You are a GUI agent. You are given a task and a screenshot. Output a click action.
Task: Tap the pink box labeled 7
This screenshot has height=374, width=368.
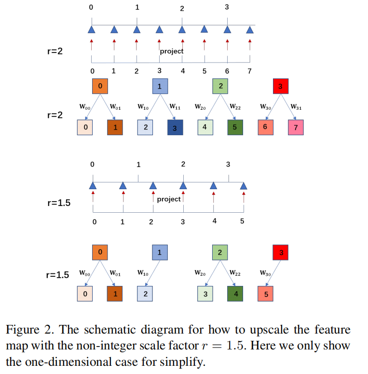(x=296, y=128)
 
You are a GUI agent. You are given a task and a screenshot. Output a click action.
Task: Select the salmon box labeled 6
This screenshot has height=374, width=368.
(x=265, y=127)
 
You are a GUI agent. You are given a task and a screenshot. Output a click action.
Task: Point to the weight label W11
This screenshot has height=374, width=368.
(x=175, y=107)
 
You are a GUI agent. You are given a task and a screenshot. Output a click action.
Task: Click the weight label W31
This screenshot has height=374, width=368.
(x=296, y=107)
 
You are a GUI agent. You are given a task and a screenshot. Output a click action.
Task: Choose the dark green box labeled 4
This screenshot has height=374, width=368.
(x=235, y=293)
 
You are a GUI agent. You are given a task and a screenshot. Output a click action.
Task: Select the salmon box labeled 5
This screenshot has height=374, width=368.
(x=265, y=293)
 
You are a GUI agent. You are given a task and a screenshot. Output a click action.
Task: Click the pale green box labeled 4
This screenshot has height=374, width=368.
(x=204, y=128)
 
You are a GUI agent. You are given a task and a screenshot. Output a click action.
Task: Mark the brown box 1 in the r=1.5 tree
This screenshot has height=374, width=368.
(x=115, y=293)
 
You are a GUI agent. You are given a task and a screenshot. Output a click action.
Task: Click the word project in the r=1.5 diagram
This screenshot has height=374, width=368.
(x=169, y=199)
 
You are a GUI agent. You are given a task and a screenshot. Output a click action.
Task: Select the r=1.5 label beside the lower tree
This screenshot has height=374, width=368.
(x=57, y=275)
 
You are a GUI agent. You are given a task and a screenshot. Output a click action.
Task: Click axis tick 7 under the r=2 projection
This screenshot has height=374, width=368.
(x=249, y=72)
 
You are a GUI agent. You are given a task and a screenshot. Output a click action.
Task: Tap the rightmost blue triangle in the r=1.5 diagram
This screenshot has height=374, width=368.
(x=244, y=185)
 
